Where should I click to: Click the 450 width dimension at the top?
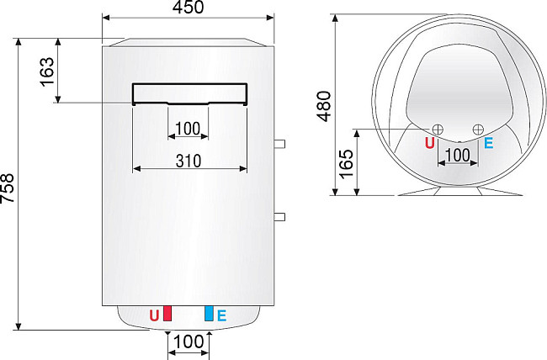click(x=188, y=8)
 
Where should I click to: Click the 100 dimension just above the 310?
click(x=188, y=129)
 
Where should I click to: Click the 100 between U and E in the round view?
click(x=457, y=155)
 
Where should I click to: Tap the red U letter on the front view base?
click(x=154, y=316)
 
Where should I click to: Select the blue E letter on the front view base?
click(x=221, y=316)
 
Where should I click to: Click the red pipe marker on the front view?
click(x=167, y=315)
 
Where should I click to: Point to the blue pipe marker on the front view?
click(x=208, y=315)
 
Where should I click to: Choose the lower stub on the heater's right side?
click(x=279, y=217)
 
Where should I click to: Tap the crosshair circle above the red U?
click(x=438, y=129)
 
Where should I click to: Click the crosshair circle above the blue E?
click(x=478, y=129)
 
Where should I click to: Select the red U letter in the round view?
click(x=430, y=143)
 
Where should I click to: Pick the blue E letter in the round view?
click(x=488, y=143)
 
